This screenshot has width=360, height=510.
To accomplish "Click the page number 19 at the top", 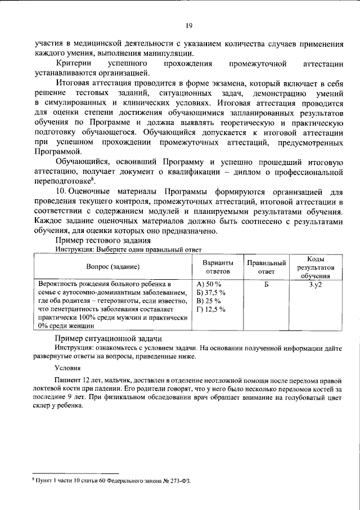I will click(x=190, y=25).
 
